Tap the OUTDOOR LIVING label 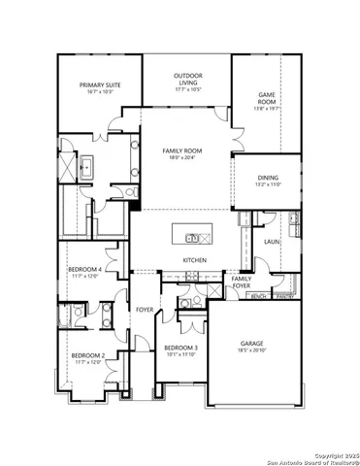pos(187,76)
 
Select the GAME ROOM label pos(267,98)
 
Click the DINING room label pos(269,178)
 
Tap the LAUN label pos(271,242)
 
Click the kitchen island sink pos(193,237)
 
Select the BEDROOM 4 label pos(84,269)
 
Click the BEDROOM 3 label pos(181,348)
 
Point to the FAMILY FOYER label pos(242,283)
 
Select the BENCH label pos(259,296)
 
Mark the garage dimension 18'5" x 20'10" pos(252,351)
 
